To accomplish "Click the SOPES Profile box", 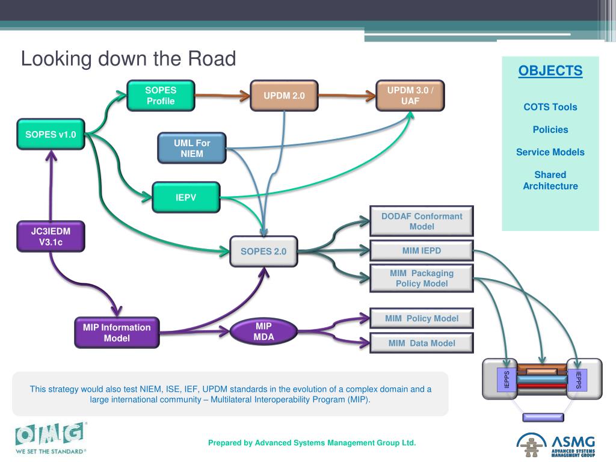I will pos(161,96).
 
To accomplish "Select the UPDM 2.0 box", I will pos(284,96).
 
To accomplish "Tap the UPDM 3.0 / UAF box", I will pos(410,96).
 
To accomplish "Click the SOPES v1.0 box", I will pos(51,134).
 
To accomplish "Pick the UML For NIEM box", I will pos(192,148).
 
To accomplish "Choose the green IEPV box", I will pos(186,197).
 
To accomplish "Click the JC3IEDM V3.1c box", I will pos(51,236).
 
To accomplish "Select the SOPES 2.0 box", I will pos(263,251).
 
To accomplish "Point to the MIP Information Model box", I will pos(117,333).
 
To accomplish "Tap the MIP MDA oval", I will pos(263,331).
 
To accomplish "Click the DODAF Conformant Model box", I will pos(422,221).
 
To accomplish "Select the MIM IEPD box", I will pos(422,250).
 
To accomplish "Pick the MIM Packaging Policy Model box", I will pos(422,278).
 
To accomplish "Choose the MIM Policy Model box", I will pos(422,318).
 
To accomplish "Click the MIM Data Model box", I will pos(422,343).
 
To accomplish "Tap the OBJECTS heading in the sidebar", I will pos(550,71).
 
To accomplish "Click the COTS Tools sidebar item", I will pos(550,107).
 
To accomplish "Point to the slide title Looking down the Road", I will pos(128,59).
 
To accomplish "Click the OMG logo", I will pos(50,437).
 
